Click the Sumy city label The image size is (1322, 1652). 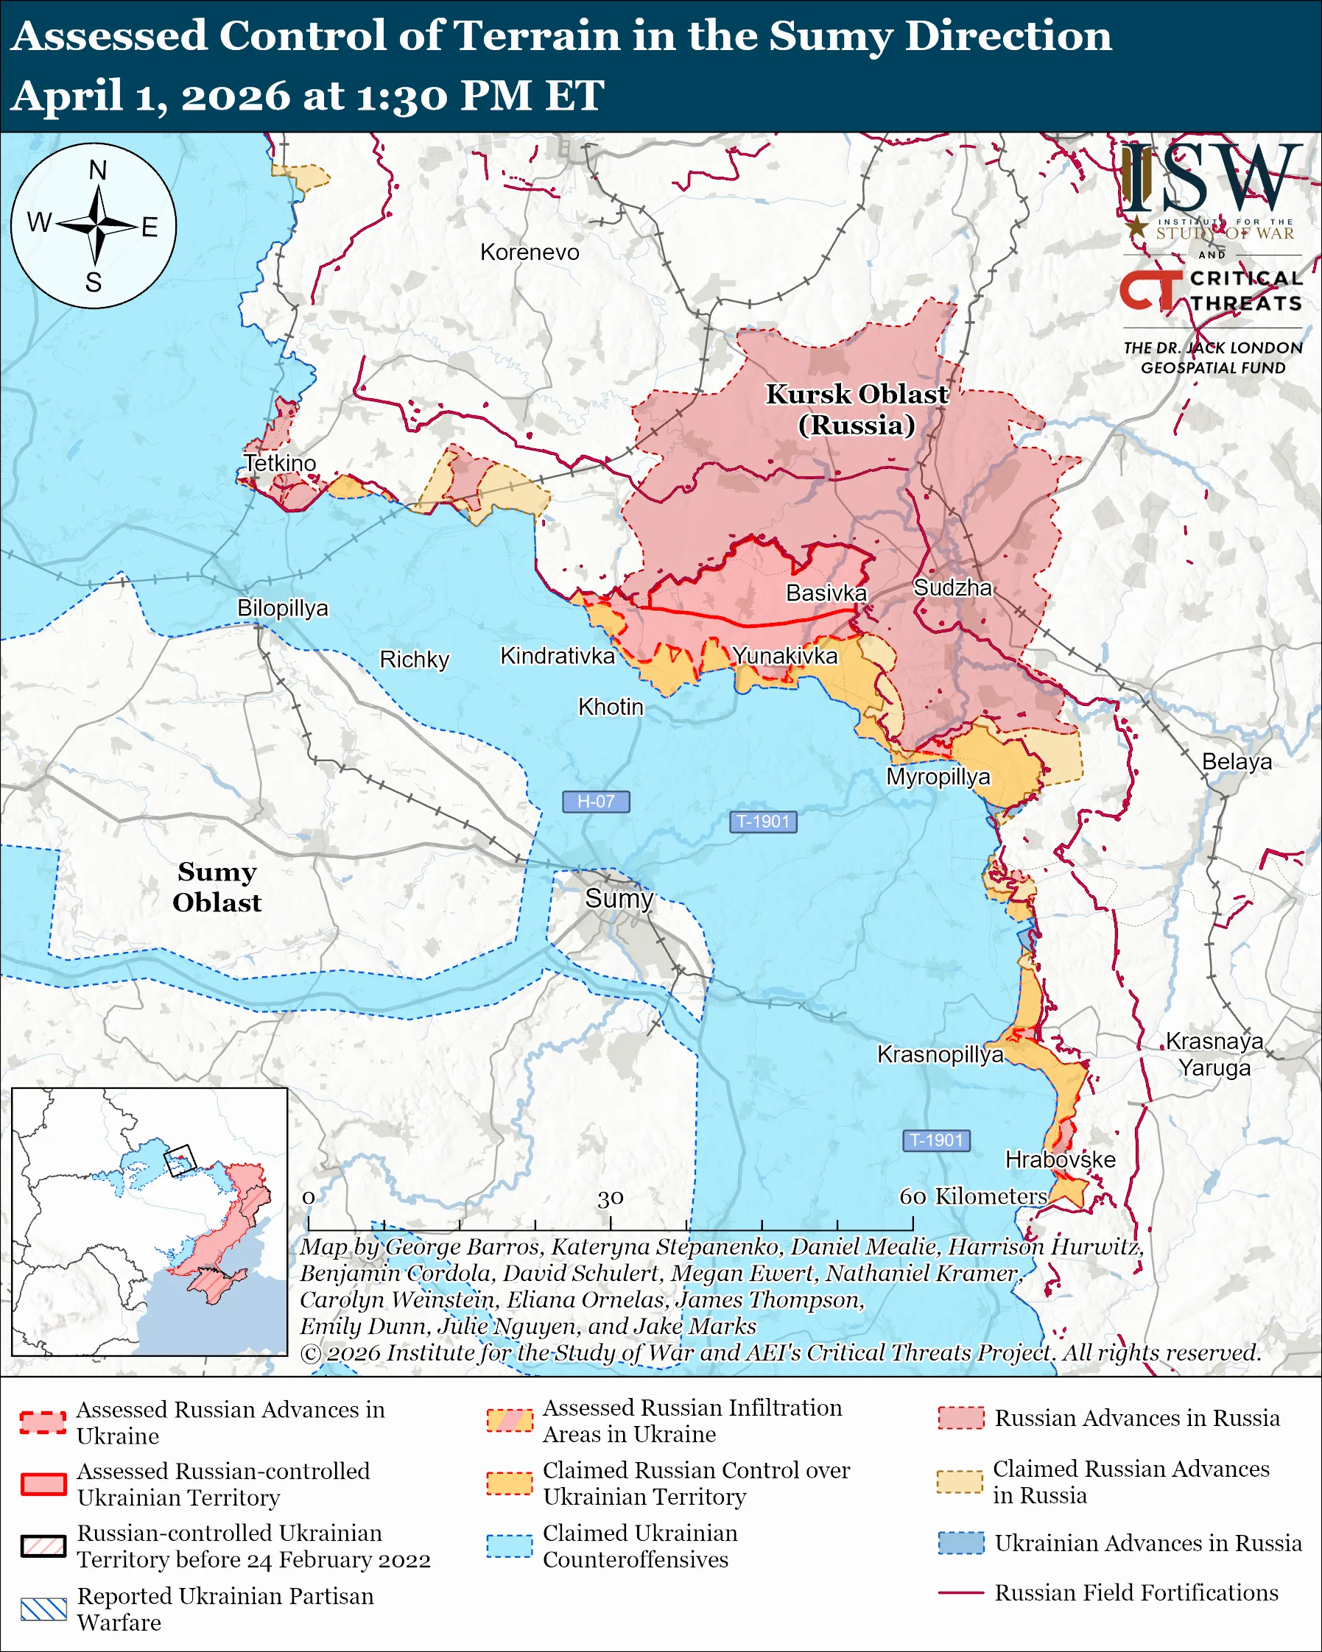[619, 898]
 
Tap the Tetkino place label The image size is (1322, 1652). [280, 464]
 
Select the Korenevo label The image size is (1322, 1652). [530, 252]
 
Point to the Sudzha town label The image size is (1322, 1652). [952, 587]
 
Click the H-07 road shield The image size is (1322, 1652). [596, 802]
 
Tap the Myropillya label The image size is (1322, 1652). [938, 777]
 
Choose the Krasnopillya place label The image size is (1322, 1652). [940, 1054]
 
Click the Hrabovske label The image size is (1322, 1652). [1060, 1159]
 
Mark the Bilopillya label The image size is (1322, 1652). [282, 607]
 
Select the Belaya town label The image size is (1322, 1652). [1236, 762]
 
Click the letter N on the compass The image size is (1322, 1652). [97, 170]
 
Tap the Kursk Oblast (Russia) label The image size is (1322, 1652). [857, 409]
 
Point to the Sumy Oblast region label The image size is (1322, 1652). [217, 886]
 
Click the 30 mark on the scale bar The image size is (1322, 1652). [610, 1198]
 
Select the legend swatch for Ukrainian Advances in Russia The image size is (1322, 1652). [961, 1542]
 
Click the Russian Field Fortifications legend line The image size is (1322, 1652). [961, 1592]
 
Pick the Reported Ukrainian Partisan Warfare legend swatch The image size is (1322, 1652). [43, 1609]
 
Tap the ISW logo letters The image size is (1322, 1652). [1211, 179]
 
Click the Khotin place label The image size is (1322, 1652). [610, 707]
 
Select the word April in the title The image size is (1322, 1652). [68, 96]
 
